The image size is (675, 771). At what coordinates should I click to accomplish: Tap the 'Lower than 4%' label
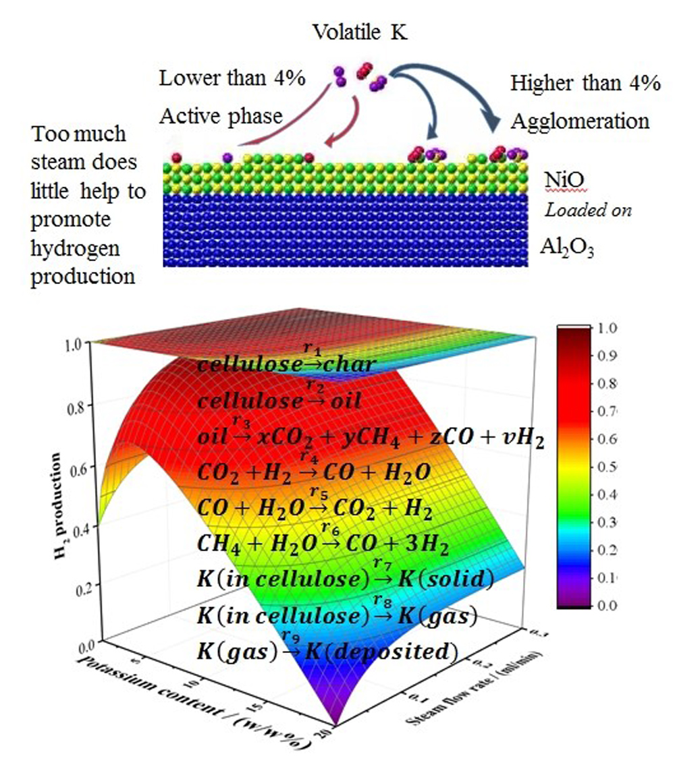(232, 78)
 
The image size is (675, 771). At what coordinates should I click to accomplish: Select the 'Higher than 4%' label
(585, 84)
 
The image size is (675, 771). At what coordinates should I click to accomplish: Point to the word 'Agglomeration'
(580, 121)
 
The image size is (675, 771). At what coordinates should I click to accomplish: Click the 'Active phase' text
(221, 116)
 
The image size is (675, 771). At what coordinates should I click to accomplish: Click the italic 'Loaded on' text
(589, 210)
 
